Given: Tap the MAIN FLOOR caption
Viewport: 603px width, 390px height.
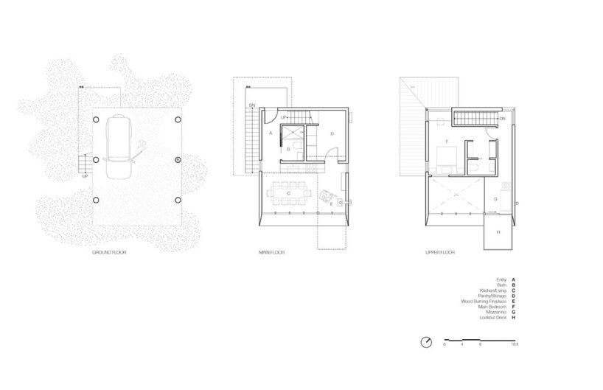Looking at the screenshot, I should (x=272, y=253).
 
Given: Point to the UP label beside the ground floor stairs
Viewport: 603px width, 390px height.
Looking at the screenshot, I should (x=86, y=175).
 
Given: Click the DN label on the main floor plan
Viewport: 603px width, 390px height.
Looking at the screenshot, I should (x=251, y=105).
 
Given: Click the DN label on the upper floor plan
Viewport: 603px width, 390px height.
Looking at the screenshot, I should (x=502, y=119).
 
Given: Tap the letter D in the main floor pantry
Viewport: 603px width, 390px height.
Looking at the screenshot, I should (x=332, y=133).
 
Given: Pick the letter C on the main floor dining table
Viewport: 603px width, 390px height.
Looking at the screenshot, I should (x=288, y=193).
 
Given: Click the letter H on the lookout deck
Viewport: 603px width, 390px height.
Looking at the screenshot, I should (x=498, y=232).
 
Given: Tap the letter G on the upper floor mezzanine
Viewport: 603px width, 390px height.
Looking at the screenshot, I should (x=495, y=198).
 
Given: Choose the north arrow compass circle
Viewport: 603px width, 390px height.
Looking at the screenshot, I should (x=426, y=341).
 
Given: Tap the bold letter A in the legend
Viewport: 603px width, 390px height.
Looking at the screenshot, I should (x=513, y=280).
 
